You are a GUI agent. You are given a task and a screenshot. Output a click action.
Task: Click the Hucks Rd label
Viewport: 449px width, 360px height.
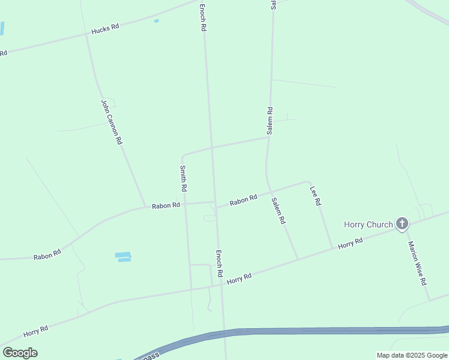(x=105, y=29)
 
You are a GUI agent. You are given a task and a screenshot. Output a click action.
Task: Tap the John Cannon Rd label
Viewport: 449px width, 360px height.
(x=112, y=122)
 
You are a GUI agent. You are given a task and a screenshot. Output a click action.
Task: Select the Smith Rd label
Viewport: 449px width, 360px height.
(x=184, y=178)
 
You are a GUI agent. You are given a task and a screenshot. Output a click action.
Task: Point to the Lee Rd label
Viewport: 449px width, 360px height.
(x=316, y=196)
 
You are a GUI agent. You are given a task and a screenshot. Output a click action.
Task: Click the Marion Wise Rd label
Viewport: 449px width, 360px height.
(x=417, y=263)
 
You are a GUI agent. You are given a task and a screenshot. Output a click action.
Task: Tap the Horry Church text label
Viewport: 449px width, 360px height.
(x=368, y=225)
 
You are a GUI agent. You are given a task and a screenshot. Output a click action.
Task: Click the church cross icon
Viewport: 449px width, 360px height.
(x=402, y=224)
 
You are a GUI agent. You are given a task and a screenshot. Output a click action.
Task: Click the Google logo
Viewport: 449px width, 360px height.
(x=20, y=352)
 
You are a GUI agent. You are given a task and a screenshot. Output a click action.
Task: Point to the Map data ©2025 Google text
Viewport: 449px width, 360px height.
(x=412, y=355)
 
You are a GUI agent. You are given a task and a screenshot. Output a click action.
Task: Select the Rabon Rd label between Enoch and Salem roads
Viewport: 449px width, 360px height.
(x=243, y=200)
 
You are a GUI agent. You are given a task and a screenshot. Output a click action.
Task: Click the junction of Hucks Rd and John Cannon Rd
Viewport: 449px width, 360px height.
(x=87, y=34)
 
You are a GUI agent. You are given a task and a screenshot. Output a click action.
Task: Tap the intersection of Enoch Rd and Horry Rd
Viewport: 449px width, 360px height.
(x=221, y=285)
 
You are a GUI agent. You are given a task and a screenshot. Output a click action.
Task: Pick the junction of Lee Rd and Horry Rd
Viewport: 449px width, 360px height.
(x=333, y=248)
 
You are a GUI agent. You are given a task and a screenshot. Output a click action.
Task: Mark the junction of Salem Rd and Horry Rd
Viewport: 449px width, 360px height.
(x=298, y=259)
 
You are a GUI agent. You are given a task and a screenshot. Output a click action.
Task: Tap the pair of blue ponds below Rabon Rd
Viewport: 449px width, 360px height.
(x=123, y=257)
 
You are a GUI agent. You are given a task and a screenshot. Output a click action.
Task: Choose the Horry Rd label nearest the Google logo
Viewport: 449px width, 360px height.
(x=35, y=331)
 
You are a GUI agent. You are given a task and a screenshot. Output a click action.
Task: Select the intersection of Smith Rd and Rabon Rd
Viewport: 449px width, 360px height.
(x=185, y=203)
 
